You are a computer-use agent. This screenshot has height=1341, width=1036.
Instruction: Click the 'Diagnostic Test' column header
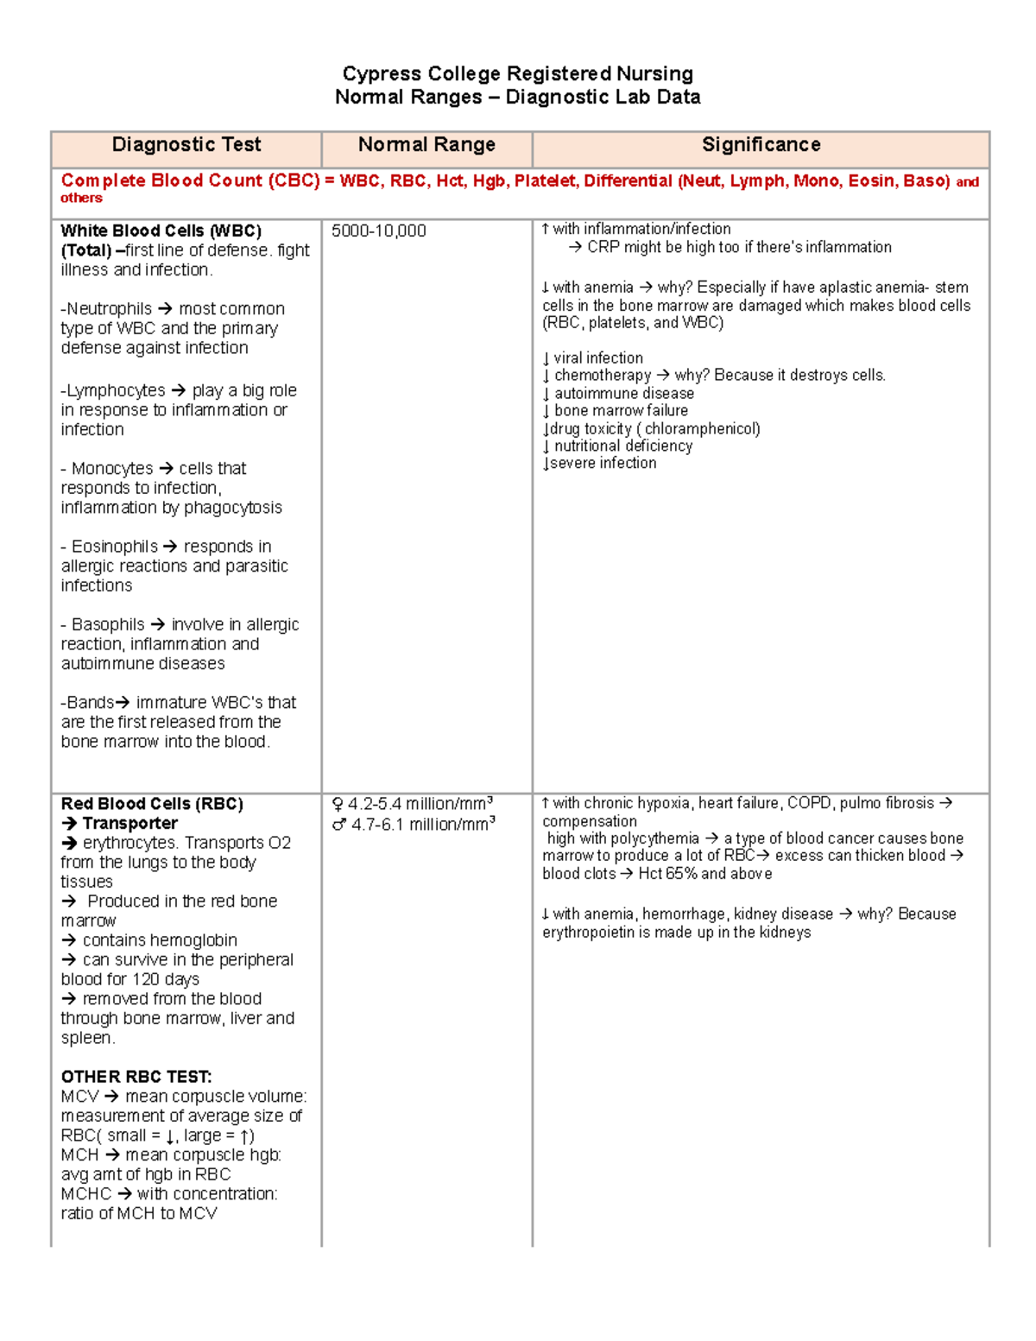pos(186,145)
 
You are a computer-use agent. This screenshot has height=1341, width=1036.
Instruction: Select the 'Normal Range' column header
pos(426,145)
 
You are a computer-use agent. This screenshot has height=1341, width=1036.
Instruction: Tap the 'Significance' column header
pos(761,145)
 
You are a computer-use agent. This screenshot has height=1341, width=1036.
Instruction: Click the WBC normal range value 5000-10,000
pos(379,231)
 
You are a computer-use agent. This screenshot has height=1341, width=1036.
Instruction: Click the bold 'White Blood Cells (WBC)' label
pos(161,231)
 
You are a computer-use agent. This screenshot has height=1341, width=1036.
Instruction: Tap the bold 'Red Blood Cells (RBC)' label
pos(152,804)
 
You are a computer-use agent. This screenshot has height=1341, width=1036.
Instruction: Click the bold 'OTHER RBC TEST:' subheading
pos(136,1077)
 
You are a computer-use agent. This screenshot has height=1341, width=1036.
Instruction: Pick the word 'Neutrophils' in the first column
pos(110,309)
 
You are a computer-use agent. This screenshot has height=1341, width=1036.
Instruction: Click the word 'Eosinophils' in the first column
pos(115,547)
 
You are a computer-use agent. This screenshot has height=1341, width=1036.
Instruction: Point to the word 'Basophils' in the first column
pos(108,624)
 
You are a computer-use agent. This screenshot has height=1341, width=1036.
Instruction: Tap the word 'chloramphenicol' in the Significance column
pos(700,429)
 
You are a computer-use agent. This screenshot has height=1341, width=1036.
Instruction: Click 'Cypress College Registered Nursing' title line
pos(517,73)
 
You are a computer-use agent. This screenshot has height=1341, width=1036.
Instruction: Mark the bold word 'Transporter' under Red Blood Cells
pos(130,824)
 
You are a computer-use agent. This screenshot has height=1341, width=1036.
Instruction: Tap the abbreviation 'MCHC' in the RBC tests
pos(86,1194)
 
